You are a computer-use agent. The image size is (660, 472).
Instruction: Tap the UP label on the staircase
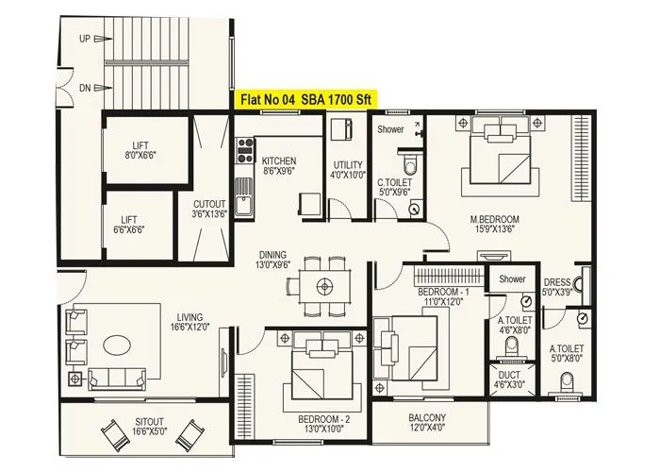tap(85, 40)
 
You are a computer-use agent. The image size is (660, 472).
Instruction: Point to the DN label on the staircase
tap(85, 87)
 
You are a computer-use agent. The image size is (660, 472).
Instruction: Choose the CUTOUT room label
tap(209, 209)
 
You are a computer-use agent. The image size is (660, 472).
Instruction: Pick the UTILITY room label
tap(347, 170)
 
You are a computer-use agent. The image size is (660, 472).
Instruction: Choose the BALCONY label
tap(427, 423)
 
